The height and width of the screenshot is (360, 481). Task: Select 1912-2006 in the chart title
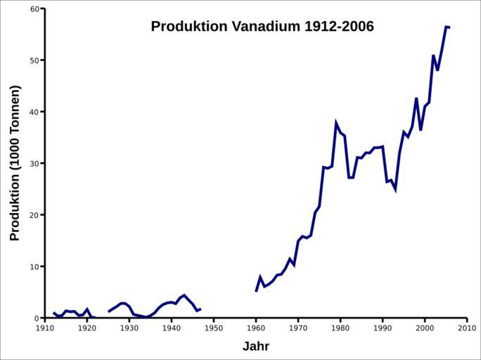(x=340, y=27)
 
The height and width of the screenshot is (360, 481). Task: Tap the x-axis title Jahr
(x=256, y=346)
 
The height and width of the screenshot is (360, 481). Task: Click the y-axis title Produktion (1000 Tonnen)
(x=15, y=163)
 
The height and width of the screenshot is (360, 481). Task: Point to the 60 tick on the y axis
(x=34, y=9)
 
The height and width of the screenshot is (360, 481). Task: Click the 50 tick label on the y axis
(x=34, y=60)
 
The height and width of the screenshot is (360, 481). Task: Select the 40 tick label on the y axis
(x=34, y=112)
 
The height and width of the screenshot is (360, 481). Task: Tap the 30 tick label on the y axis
(x=34, y=163)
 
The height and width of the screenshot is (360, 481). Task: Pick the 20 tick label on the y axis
(x=34, y=215)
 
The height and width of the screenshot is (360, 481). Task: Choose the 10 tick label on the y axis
(x=34, y=266)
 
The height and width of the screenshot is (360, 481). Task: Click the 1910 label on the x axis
(x=45, y=328)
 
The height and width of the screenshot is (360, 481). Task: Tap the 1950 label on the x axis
(x=214, y=328)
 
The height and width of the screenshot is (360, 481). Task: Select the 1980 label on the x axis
(x=340, y=328)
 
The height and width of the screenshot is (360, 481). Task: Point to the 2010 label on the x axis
(x=467, y=328)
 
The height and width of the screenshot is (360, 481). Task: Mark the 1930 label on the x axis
(x=129, y=328)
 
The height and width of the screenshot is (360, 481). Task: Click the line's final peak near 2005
(x=446, y=27)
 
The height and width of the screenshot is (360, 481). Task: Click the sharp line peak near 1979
(x=336, y=123)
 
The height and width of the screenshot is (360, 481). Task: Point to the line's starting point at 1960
(x=256, y=291)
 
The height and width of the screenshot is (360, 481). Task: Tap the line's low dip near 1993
(x=395, y=190)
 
